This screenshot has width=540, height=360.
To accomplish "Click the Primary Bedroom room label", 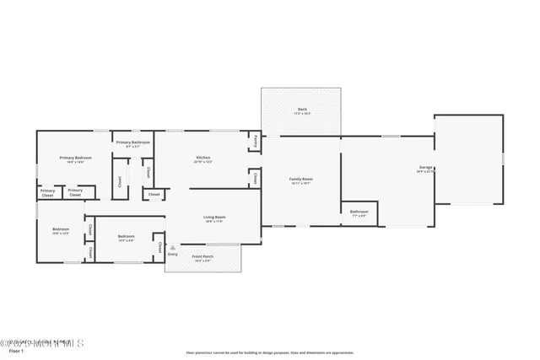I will [x=75, y=157].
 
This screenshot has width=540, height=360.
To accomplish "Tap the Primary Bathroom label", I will [x=132, y=142].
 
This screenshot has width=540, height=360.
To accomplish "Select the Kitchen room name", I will [x=202, y=157].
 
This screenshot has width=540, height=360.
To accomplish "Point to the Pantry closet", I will [x=254, y=142].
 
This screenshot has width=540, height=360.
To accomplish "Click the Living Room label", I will [x=213, y=217].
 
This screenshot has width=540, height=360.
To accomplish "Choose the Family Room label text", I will [x=301, y=179].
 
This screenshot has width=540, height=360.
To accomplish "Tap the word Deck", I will [x=301, y=109].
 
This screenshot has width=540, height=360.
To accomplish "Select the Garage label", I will [x=425, y=167].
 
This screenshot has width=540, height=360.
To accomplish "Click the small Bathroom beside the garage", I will [x=359, y=212].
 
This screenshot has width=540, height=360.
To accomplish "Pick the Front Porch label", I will [x=202, y=256].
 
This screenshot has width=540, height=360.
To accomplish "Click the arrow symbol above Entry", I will [x=173, y=248].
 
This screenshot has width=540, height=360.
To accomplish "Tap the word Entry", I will [x=173, y=254].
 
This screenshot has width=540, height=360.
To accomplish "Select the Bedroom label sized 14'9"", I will [x=127, y=236].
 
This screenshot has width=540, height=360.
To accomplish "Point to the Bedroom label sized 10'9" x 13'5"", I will [x=61, y=230].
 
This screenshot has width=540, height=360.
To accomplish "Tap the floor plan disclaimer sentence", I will [x=269, y=352].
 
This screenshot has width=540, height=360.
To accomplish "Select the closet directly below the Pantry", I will [x=254, y=177].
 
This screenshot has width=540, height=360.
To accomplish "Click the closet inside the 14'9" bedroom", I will [x=159, y=246].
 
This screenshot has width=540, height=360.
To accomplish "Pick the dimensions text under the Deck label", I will [x=301, y=114].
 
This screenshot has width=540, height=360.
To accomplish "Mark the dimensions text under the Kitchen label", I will [x=202, y=162].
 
